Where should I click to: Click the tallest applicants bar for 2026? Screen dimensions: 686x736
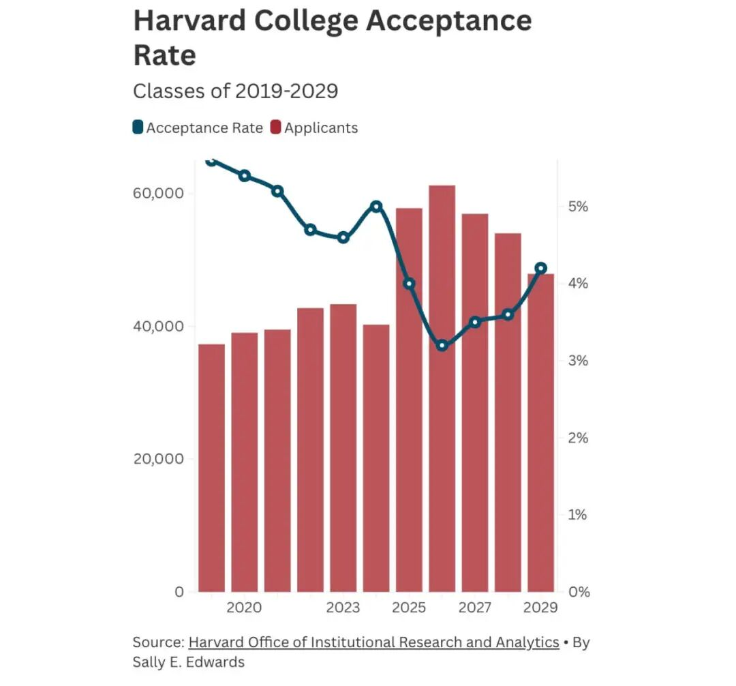(442, 389)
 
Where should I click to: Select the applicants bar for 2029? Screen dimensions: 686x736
(541, 436)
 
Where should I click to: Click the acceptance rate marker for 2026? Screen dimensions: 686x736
(442, 346)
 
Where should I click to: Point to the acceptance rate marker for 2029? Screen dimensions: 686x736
(541, 268)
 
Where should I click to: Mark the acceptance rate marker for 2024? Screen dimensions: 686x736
(376, 206)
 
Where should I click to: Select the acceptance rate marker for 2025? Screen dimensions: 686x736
(409, 284)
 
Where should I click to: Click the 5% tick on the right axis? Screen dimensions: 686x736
(578, 207)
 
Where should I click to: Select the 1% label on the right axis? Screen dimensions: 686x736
(578, 515)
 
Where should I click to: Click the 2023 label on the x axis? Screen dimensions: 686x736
(343, 608)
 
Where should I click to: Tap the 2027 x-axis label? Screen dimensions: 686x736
(475, 608)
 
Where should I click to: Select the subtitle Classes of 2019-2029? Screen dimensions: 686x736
(235, 91)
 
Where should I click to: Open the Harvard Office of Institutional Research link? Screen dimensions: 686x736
(373, 642)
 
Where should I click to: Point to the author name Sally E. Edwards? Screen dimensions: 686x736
(188, 661)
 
